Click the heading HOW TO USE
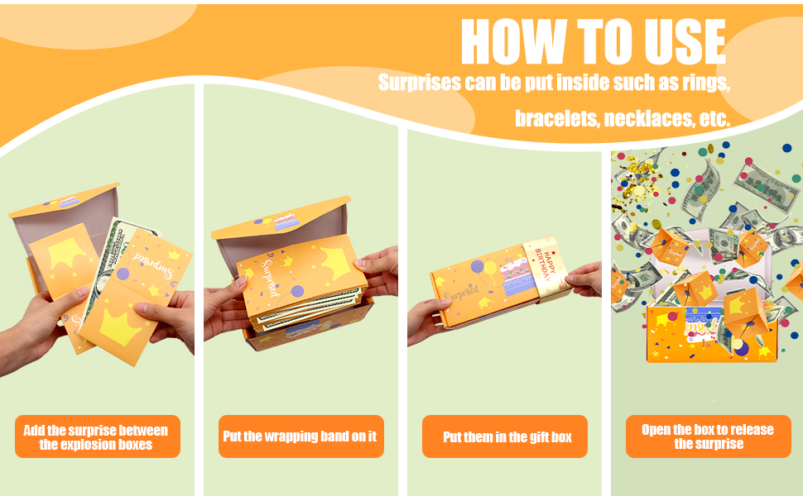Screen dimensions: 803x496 tap(594, 41)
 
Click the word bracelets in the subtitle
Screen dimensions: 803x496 tap(556, 119)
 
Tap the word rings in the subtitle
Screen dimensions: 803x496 tap(705, 83)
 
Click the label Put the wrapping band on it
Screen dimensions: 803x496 tap(301, 436)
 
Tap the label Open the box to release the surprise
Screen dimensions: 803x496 tap(709, 436)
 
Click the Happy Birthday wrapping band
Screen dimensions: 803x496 tap(546, 269)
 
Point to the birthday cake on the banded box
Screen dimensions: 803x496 tap(516, 277)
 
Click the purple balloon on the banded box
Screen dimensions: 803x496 tap(478, 266)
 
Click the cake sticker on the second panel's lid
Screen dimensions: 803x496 tap(286, 222)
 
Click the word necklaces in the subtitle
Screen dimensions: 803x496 tap(649, 119)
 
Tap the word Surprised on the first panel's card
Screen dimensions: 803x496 tap(152, 265)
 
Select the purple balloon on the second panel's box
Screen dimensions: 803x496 tap(297, 292)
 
